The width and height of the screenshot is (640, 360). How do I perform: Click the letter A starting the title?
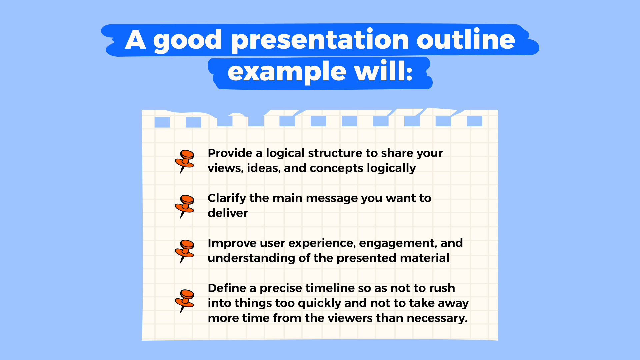click(135, 40)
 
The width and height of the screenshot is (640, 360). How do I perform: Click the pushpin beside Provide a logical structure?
click(185, 161)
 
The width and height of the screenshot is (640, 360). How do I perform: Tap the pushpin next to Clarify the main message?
click(185, 206)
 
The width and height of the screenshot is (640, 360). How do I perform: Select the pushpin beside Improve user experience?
click(185, 251)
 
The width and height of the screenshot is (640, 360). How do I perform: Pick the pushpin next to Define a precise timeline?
click(185, 300)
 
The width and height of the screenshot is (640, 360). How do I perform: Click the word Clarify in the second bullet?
click(227, 198)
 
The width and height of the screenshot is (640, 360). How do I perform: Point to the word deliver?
click(228, 213)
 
